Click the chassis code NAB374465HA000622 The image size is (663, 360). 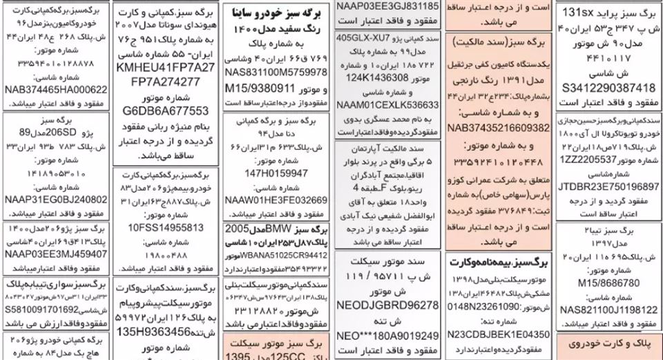pyautogui.click(x=55, y=90)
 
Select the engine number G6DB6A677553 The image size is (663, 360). pyautogui.click(x=164, y=111)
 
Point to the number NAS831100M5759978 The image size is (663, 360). pyautogui.click(x=276, y=72)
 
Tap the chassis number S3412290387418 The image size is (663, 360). pyautogui.click(x=608, y=88)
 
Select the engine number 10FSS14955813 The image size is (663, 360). pyautogui.click(x=164, y=227)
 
